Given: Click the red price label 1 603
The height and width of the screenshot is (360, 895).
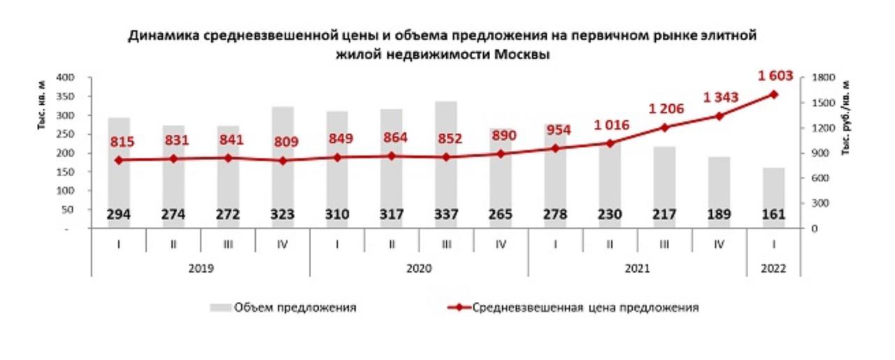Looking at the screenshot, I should pyautogui.click(x=774, y=75).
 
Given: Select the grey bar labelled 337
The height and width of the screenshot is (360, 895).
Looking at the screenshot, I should pyautogui.click(x=446, y=126).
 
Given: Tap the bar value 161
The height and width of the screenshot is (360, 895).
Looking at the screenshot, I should pyautogui.click(x=774, y=215).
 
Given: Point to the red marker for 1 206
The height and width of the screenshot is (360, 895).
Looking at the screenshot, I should pyautogui.click(x=665, y=127).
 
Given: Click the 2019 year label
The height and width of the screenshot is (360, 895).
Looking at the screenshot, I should pyautogui.click(x=201, y=268).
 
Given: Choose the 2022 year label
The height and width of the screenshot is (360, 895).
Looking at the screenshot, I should pyautogui.click(x=774, y=268).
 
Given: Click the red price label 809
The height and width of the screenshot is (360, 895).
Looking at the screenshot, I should pyautogui.click(x=282, y=143).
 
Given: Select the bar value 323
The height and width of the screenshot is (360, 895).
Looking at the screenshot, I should pyautogui.click(x=282, y=215).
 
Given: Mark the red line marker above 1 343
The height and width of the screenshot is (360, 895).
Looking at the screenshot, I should pyautogui.click(x=719, y=116).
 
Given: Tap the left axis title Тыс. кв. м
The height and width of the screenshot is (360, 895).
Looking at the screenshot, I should pyautogui.click(x=43, y=105).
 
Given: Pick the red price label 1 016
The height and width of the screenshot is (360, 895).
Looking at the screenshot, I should pyautogui.click(x=610, y=126).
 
